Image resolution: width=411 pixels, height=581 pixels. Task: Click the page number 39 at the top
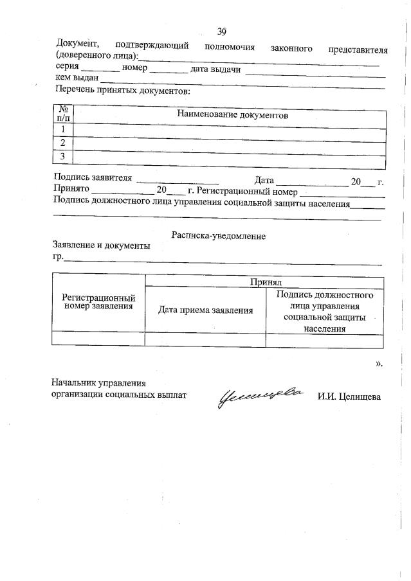[x=223, y=31]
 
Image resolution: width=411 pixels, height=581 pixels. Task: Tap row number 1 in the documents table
[x=63, y=130]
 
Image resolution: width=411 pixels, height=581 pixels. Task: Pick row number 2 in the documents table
[x=63, y=143]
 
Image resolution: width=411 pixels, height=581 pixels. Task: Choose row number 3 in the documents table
[x=63, y=156]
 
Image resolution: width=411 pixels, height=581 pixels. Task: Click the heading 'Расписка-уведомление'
[x=219, y=236]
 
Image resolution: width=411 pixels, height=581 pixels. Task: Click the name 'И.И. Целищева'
[x=349, y=397]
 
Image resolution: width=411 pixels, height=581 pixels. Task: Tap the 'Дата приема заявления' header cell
[x=205, y=310]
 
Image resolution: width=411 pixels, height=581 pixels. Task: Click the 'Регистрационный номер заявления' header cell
[x=98, y=302]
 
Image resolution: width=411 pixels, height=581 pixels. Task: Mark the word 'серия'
[x=67, y=68]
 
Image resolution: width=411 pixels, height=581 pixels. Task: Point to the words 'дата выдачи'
[x=216, y=69]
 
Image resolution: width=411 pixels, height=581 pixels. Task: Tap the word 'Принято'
[x=71, y=190]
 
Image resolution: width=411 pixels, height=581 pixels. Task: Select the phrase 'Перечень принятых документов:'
[x=123, y=89]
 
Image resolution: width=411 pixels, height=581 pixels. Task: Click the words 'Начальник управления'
[x=99, y=384]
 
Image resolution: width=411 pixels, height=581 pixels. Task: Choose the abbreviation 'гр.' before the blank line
[x=59, y=257]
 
